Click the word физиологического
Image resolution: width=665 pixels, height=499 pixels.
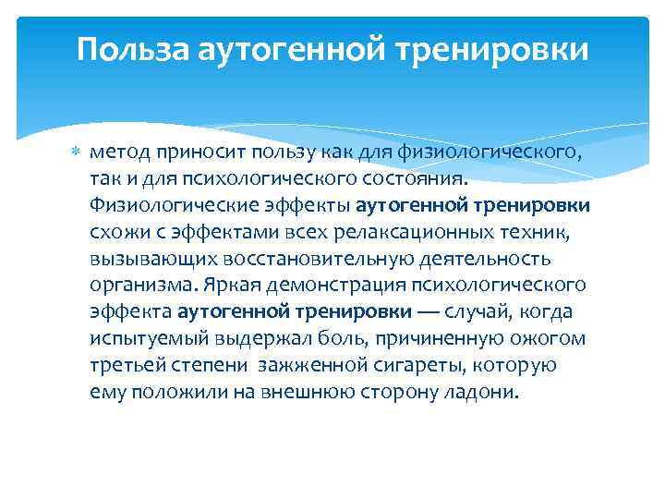pyautogui.click(x=496, y=152)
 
